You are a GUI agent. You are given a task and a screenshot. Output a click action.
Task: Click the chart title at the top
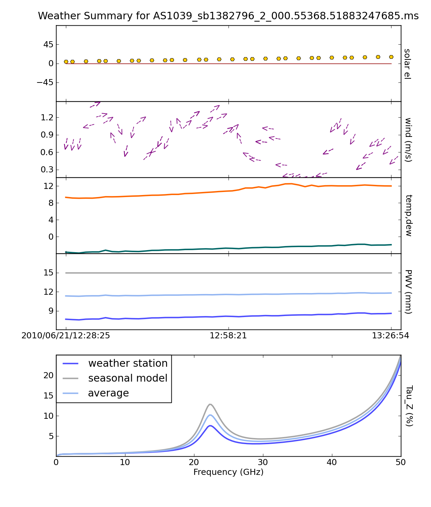click(228, 16)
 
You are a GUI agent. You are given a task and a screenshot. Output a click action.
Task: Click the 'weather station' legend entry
click(127, 363)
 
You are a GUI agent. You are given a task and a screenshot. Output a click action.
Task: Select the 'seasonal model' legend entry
click(127, 378)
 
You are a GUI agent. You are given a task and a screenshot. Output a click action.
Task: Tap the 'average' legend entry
click(108, 393)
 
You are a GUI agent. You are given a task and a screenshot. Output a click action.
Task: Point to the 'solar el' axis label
click(407, 64)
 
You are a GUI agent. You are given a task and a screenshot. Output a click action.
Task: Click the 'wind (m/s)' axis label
click(408, 140)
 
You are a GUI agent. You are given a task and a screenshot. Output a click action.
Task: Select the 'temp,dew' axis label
click(408, 215)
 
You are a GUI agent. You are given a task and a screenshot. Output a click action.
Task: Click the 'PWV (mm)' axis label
click(408, 291)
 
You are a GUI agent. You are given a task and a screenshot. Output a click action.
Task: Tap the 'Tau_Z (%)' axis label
click(409, 406)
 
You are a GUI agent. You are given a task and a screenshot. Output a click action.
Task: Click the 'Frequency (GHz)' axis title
click(228, 472)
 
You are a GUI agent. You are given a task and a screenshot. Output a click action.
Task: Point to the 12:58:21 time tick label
click(228, 336)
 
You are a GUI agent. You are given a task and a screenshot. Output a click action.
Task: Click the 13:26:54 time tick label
click(390, 336)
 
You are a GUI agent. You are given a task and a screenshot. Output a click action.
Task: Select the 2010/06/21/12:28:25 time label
click(66, 336)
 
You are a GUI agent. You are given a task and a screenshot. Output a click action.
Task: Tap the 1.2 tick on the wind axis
click(47, 117)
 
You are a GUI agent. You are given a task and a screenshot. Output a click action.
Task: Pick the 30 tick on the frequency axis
click(263, 462)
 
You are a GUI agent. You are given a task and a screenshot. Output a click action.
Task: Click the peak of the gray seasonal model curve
click(210, 404)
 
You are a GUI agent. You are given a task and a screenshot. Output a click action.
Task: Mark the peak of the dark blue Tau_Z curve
click(210, 426)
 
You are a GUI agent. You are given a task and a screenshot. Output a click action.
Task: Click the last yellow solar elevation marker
click(391, 57)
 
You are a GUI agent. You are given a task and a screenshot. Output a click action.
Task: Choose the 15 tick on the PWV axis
click(49, 273)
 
